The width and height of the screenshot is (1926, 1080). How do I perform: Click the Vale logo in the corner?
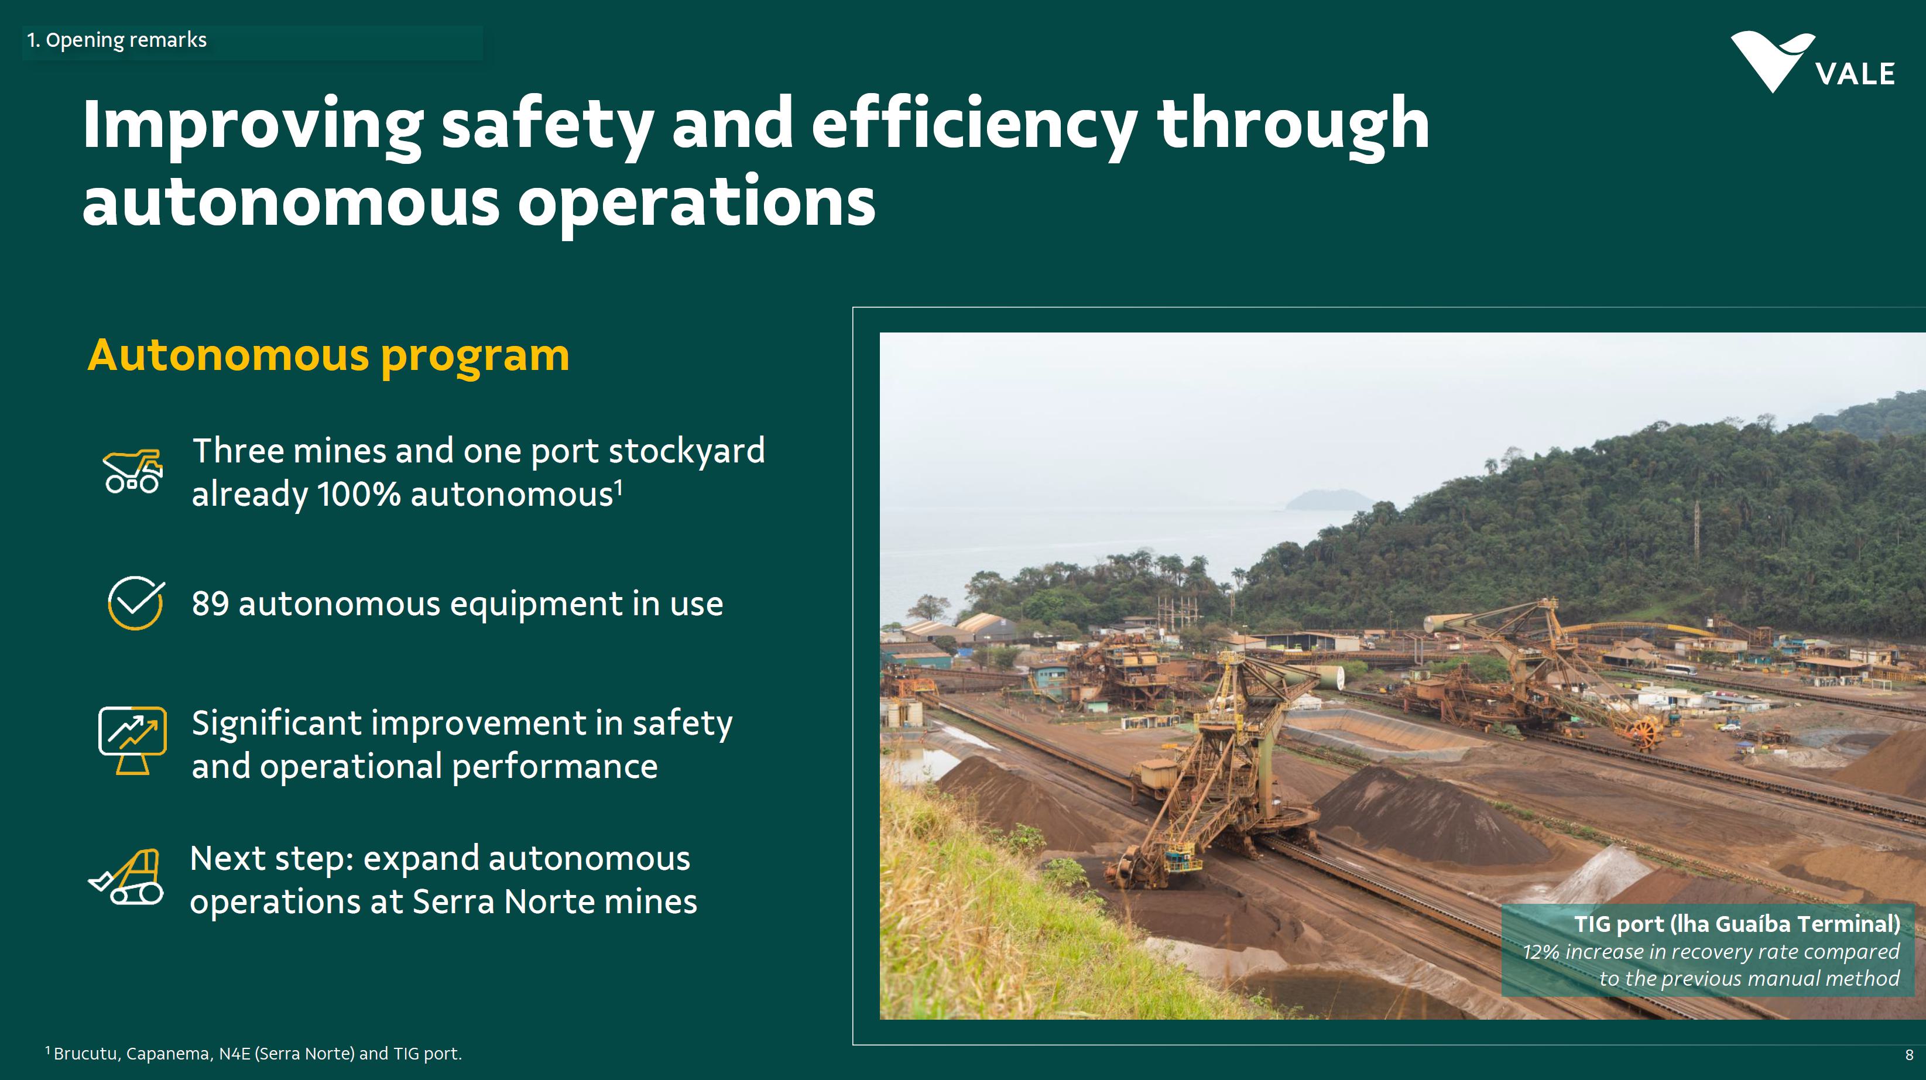tap(1812, 62)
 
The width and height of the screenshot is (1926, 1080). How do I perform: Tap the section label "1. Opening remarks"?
tap(116, 40)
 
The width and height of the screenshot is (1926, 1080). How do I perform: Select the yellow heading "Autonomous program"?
tap(328, 356)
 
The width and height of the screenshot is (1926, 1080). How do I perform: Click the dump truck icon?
tap(133, 471)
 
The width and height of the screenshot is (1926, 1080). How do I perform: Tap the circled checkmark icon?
tap(135, 602)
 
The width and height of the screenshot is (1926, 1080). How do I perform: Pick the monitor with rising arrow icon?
tap(132, 740)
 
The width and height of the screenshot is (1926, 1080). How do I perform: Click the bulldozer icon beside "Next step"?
tap(126, 877)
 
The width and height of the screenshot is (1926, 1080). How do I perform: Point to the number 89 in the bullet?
tap(210, 604)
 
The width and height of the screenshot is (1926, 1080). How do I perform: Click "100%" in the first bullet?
tap(359, 495)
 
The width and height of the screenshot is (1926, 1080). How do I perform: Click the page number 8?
tap(1909, 1055)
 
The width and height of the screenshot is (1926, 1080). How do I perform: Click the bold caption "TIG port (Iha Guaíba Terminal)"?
tap(1737, 924)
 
